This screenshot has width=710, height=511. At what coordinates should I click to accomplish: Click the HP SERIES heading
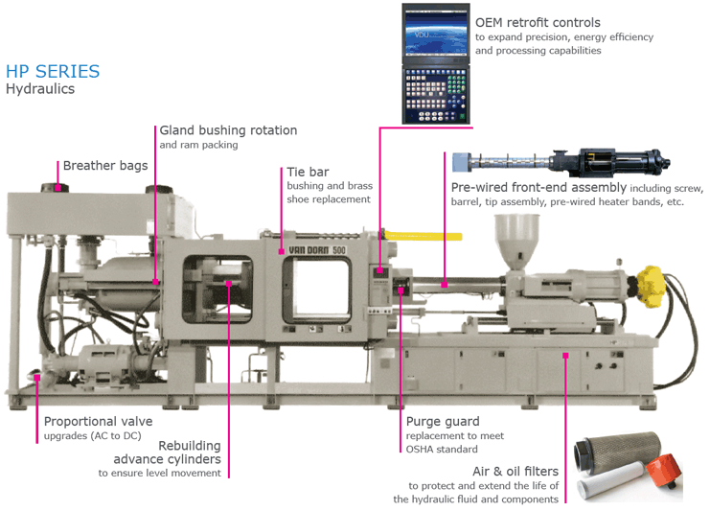(x=53, y=72)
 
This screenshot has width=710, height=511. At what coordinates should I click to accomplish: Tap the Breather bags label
(x=105, y=166)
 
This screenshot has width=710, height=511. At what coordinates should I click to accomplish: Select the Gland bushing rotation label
(x=228, y=130)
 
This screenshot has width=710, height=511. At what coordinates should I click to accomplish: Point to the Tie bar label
(x=309, y=172)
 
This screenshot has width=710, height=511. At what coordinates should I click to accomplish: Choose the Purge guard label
(x=442, y=421)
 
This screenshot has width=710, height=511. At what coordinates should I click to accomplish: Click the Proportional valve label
(x=99, y=421)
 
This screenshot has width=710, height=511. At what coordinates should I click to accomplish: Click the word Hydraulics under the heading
(x=40, y=89)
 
